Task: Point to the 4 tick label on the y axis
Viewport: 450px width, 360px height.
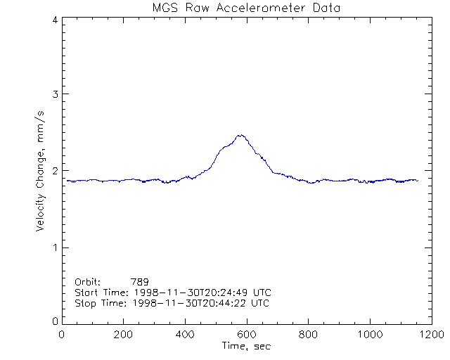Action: point(55,20)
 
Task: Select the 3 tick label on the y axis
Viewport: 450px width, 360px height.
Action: point(55,94)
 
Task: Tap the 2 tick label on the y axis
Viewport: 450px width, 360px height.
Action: point(55,171)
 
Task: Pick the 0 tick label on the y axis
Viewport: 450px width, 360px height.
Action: point(55,321)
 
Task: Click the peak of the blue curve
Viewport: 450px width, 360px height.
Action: point(240,135)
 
